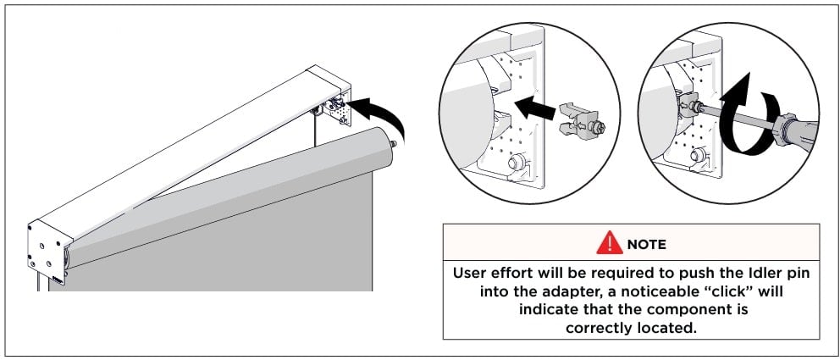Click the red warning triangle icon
point(610,244)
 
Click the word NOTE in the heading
point(646,245)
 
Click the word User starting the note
point(470,274)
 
